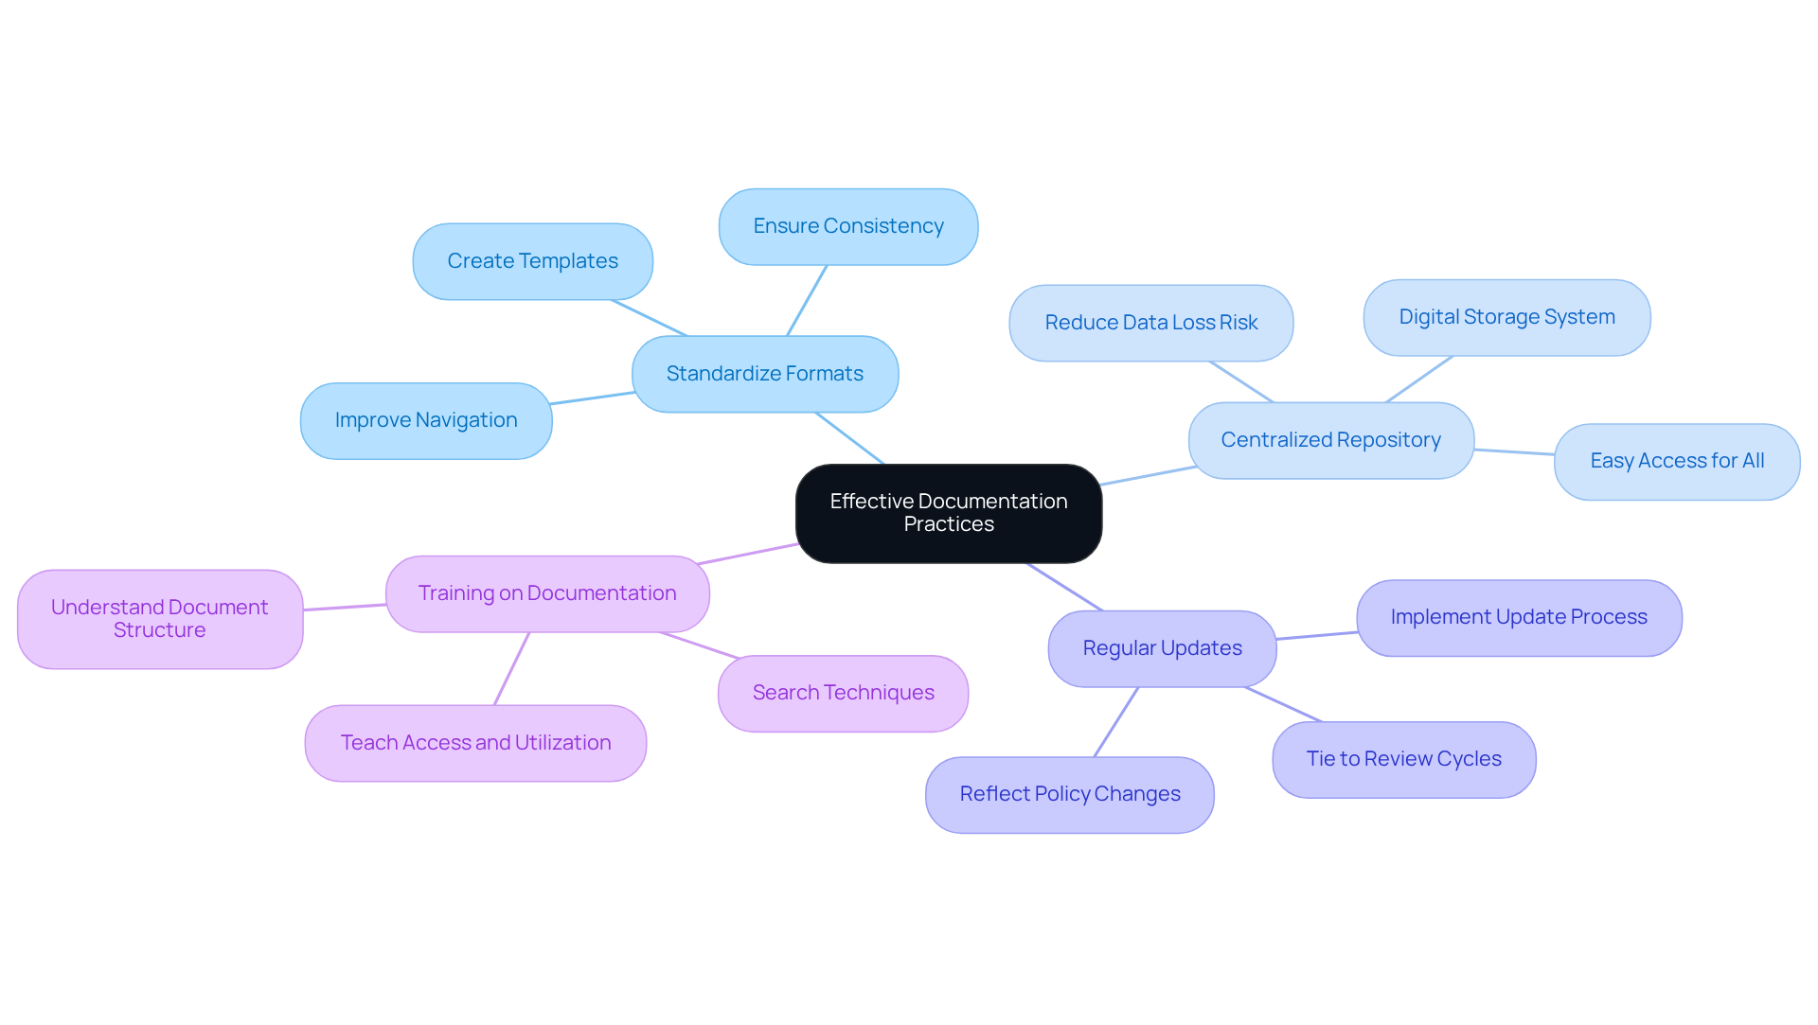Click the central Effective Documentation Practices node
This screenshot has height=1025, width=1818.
click(x=948, y=513)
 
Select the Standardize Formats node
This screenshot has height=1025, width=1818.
click(x=764, y=374)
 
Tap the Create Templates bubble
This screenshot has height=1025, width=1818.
click(x=532, y=261)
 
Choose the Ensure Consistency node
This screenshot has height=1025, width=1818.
click(x=847, y=226)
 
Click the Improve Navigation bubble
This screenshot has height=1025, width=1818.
click(x=426, y=420)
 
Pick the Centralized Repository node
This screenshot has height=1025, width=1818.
click(x=1330, y=440)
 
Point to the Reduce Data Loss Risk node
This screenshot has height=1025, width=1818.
click(x=1150, y=323)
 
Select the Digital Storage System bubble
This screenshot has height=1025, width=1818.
click(x=1506, y=317)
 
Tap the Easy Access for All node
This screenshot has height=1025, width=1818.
click(x=1676, y=461)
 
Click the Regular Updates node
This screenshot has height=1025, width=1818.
click(x=1162, y=648)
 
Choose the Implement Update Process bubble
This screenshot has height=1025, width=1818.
click(x=1518, y=617)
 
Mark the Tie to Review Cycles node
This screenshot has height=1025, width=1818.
click(x=1403, y=759)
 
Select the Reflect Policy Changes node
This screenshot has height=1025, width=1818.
click(x=1069, y=794)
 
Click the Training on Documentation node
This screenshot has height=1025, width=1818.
click(x=547, y=593)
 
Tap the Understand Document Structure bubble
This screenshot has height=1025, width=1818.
click(x=159, y=619)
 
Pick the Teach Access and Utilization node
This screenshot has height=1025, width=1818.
click(x=475, y=743)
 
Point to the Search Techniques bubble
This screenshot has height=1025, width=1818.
click(x=843, y=693)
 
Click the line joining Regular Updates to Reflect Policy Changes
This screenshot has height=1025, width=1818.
click(x=1116, y=721)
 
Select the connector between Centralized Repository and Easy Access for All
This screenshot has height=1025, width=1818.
click(x=1514, y=452)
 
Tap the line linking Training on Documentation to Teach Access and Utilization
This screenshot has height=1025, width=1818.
click(x=511, y=668)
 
